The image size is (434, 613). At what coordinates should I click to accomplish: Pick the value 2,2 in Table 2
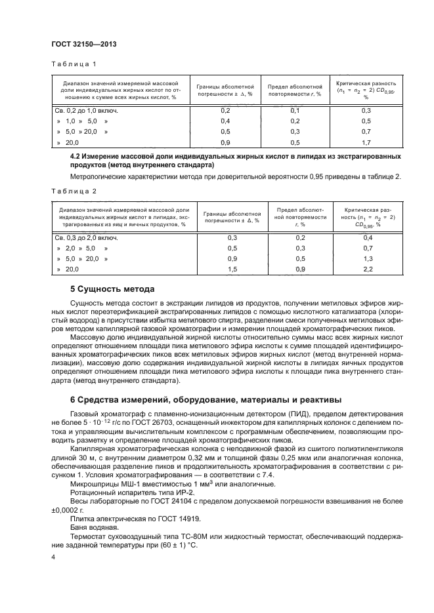tap(368, 269)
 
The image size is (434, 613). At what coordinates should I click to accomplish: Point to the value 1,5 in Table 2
tap(232, 269)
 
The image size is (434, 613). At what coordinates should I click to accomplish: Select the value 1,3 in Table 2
tap(368, 259)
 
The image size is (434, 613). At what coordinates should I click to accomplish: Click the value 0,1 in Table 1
tap(295, 111)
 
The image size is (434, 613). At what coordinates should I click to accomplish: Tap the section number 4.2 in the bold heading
tap(77, 157)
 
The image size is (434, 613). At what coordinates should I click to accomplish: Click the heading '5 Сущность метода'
tap(112, 288)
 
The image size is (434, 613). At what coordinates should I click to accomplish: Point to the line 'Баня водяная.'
tap(91, 526)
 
